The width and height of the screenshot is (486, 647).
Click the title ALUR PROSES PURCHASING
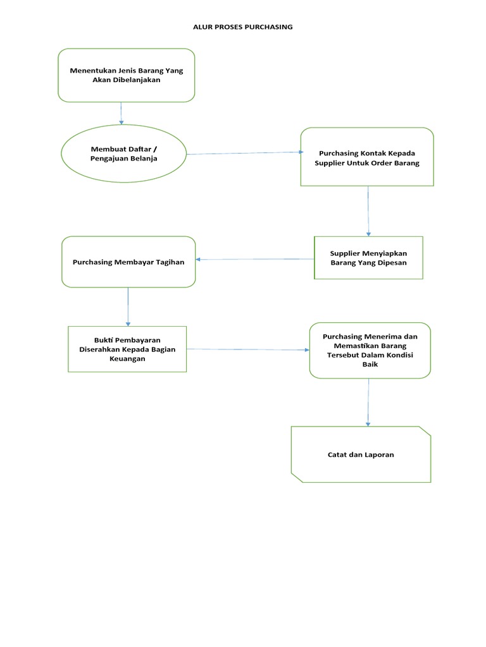tap(242, 27)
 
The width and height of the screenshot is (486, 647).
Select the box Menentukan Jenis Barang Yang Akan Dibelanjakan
tap(127, 75)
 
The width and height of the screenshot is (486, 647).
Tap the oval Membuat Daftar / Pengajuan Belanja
tap(123, 154)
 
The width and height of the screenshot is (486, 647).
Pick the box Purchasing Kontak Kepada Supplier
tap(367, 157)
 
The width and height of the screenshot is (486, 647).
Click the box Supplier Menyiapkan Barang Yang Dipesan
tap(368, 257)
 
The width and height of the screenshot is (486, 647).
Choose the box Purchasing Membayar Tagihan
tap(128, 262)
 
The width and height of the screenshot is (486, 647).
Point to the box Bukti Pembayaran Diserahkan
tap(127, 349)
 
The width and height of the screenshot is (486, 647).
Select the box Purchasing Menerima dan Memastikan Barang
tap(370, 350)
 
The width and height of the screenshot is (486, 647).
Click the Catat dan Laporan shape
tap(361, 454)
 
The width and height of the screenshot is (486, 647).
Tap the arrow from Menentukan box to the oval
tap(121, 113)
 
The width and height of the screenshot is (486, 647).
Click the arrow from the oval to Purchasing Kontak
tap(244, 153)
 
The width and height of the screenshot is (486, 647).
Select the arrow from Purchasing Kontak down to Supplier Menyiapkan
tap(368, 211)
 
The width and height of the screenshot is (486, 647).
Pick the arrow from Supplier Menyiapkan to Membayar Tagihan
tap(255, 259)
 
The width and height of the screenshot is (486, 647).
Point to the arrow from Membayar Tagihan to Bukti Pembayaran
tap(128, 306)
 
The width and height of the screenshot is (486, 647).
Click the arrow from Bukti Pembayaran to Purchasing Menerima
tap(248, 349)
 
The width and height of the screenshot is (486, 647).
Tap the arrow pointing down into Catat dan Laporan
tap(368, 402)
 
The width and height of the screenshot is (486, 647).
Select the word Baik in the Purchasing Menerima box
tap(370, 365)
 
